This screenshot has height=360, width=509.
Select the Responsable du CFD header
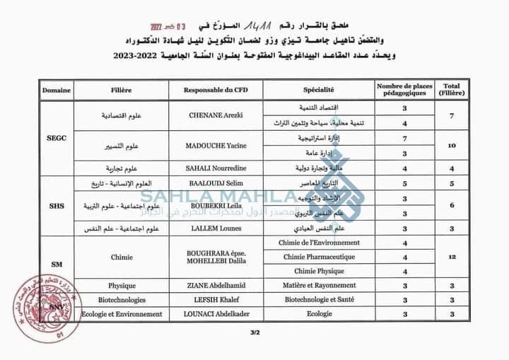(x=214, y=90)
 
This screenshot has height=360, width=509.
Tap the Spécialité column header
(x=319, y=90)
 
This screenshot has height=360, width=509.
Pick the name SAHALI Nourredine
(x=215, y=169)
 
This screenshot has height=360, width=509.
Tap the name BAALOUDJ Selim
(x=215, y=183)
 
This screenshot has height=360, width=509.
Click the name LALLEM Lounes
(x=214, y=228)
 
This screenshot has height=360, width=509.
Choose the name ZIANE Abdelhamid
(x=216, y=285)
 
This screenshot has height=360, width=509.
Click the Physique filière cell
(x=122, y=285)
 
